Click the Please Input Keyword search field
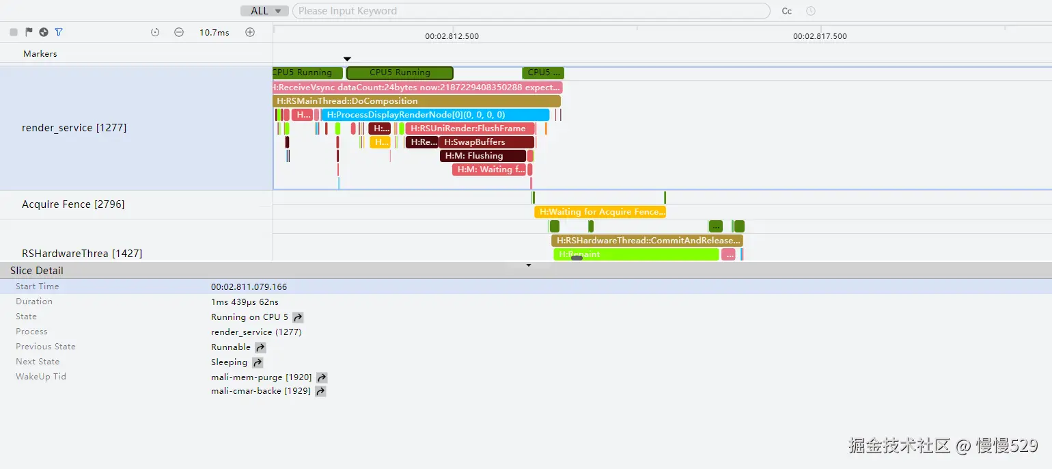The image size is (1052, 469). (530, 11)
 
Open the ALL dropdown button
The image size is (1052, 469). (264, 11)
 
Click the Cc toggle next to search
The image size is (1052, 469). (787, 11)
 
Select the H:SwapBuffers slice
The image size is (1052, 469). (486, 142)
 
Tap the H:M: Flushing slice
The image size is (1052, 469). (482, 156)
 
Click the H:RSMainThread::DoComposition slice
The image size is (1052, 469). (416, 101)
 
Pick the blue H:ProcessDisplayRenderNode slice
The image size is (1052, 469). (435, 115)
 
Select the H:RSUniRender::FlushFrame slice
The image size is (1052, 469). (469, 129)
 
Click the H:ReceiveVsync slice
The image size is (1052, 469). (417, 88)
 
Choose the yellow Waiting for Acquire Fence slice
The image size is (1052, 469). (600, 212)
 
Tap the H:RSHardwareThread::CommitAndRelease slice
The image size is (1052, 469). (647, 241)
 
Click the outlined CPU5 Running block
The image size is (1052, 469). (400, 72)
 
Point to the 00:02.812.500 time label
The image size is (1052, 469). (452, 36)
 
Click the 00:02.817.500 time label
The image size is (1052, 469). (820, 36)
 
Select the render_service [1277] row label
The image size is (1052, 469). (74, 128)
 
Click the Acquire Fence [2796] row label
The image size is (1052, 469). (73, 204)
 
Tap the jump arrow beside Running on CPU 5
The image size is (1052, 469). (298, 317)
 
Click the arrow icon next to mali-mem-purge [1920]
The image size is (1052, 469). (322, 377)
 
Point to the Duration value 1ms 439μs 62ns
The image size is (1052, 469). (245, 301)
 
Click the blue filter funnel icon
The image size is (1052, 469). (59, 32)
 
